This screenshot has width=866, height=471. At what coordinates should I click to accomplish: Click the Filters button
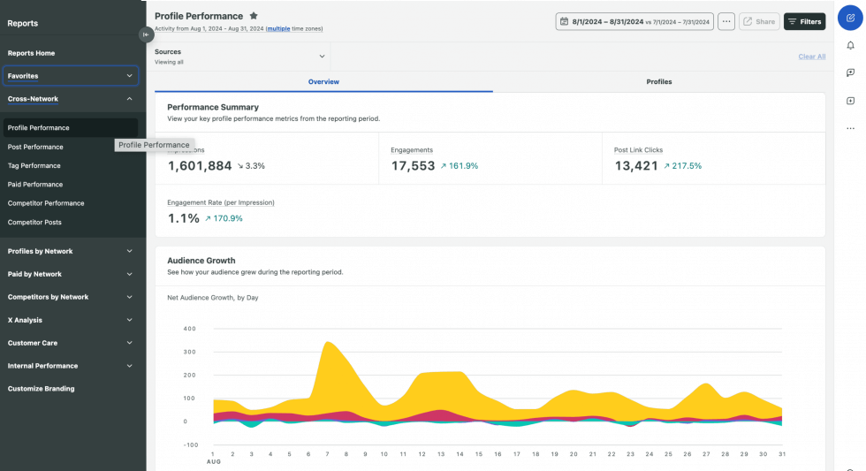coord(804,21)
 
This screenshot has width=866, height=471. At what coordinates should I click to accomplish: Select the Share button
coord(759,21)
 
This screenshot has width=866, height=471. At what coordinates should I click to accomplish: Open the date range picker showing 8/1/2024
coord(634,21)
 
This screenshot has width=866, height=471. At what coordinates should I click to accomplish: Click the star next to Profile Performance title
coord(254,16)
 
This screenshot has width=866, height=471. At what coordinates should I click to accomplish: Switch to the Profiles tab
coord(658,81)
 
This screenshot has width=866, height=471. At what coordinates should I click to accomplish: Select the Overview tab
coord(323,81)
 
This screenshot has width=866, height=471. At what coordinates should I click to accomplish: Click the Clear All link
coord(811,57)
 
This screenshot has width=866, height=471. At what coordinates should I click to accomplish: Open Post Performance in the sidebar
coord(35,147)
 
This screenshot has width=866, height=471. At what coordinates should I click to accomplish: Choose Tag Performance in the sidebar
coord(34,165)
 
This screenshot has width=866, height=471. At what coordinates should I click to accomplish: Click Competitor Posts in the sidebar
coord(34,222)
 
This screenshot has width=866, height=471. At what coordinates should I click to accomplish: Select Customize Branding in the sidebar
coord(42,389)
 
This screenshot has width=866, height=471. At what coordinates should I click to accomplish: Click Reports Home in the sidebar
coord(31,53)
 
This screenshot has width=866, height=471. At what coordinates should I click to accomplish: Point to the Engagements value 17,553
coord(413,166)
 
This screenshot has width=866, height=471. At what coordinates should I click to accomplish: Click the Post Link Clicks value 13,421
coord(636,166)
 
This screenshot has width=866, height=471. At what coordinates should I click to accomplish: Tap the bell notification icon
coord(850,45)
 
